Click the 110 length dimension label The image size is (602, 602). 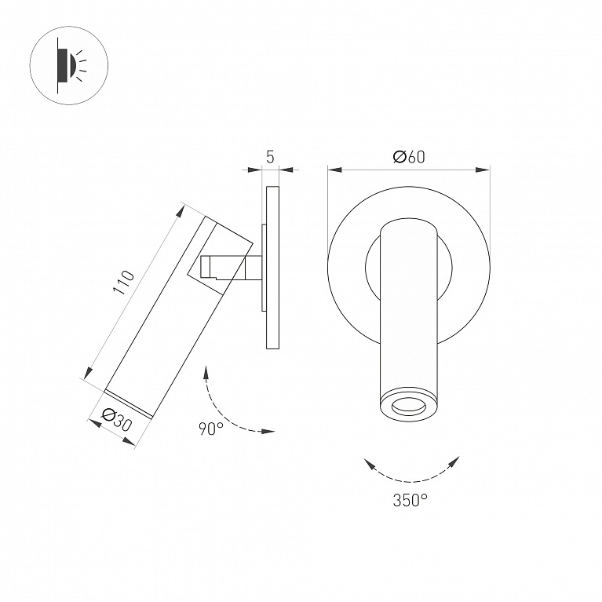[x=125, y=283]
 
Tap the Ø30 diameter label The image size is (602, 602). [x=118, y=421]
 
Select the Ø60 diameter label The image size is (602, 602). [x=409, y=157]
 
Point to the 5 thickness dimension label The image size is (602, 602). [x=270, y=157]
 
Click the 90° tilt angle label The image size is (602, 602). [x=211, y=429]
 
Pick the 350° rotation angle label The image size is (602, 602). [x=410, y=500]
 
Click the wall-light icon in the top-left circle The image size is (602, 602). [x=71, y=66]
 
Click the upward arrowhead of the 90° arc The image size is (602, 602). [x=206, y=373]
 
